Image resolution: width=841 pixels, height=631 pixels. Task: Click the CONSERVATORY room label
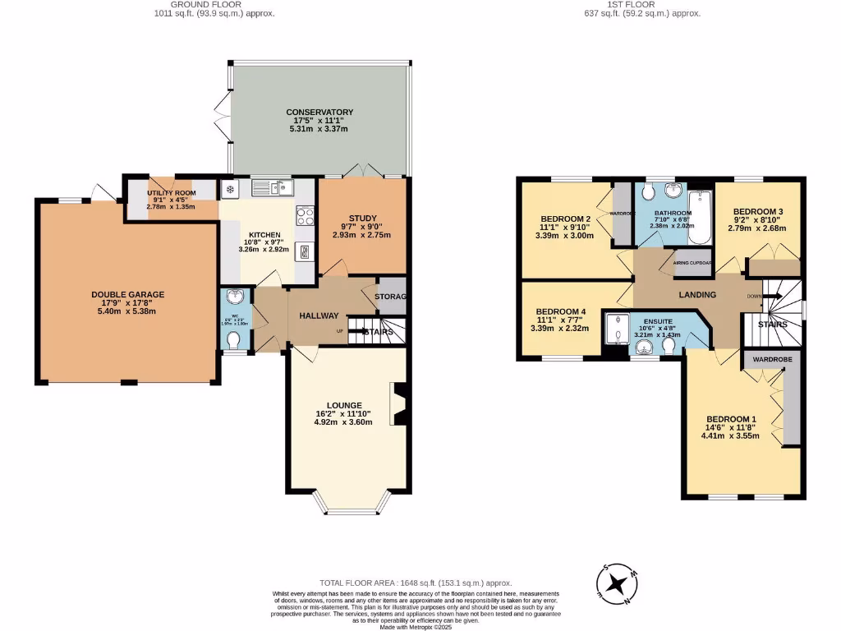(319, 112)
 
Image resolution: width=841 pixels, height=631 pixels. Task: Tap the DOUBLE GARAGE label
(127, 294)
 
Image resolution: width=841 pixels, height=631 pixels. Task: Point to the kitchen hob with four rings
(305, 217)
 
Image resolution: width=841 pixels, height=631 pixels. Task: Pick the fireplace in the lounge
(399, 405)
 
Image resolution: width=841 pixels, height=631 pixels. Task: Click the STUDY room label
(361, 218)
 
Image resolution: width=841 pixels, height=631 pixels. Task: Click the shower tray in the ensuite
(614, 330)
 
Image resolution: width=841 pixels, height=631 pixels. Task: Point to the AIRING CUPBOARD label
(692, 263)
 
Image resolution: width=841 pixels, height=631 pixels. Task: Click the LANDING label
(696, 295)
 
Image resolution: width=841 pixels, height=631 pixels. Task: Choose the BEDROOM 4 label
(561, 311)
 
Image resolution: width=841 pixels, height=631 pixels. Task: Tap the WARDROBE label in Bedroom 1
(763, 359)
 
